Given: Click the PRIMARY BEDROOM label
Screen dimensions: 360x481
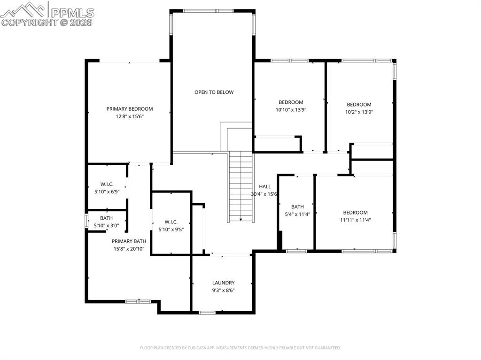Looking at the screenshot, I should click(129, 109).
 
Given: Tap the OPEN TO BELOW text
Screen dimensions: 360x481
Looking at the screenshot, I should click(214, 92).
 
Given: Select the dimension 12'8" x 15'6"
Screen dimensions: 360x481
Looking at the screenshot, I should click(129, 116).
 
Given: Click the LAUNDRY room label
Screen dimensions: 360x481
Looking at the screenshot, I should click(223, 283).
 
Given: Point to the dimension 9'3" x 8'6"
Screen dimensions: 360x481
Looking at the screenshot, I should click(223, 290).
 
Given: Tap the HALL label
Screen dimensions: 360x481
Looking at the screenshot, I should click(265, 187).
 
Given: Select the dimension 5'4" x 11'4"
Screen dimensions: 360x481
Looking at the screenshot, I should click(297, 214).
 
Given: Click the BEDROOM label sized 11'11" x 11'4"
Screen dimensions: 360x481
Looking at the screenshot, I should click(355, 212).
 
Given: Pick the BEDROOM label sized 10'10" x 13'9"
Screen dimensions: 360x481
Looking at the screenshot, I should click(291, 102).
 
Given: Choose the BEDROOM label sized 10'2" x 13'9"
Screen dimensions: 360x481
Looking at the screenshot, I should click(359, 105).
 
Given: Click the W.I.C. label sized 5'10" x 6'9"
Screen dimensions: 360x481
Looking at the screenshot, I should click(107, 184).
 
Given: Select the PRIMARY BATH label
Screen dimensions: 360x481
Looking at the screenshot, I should click(129, 241).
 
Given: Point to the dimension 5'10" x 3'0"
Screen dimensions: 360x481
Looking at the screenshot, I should click(106, 225).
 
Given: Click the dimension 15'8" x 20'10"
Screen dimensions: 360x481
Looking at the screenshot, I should click(129, 249).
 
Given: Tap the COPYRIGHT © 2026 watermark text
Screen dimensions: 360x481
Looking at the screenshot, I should click(47, 22).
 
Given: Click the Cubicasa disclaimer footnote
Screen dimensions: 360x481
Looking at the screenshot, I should click(240, 348).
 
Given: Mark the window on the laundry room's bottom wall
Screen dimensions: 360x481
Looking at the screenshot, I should click(207, 312).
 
